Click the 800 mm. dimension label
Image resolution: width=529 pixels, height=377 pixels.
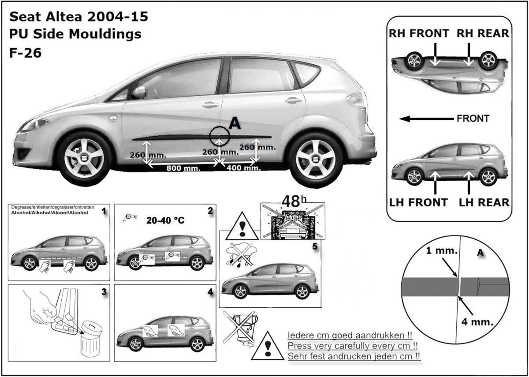pos(183,168)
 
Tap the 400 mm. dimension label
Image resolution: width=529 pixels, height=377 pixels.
pos(244,168)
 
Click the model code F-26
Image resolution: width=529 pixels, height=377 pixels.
pos(26,52)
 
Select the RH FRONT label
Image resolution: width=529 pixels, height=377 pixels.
pos(419,34)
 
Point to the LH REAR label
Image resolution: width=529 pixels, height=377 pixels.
pos(484,202)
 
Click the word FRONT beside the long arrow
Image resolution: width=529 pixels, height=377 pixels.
pos(473,118)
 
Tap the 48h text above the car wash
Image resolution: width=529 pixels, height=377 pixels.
pos(294,202)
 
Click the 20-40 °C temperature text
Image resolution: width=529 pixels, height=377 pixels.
pos(165,220)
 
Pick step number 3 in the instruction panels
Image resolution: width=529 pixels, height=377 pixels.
pos(104,292)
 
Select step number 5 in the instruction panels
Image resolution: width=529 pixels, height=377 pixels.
pos(315,246)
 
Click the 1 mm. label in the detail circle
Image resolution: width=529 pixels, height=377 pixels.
pos(442,250)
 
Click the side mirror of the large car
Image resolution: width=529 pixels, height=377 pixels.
pos(140,92)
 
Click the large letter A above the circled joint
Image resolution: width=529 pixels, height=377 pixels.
pos(235,123)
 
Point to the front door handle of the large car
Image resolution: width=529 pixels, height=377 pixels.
pos(210,105)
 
